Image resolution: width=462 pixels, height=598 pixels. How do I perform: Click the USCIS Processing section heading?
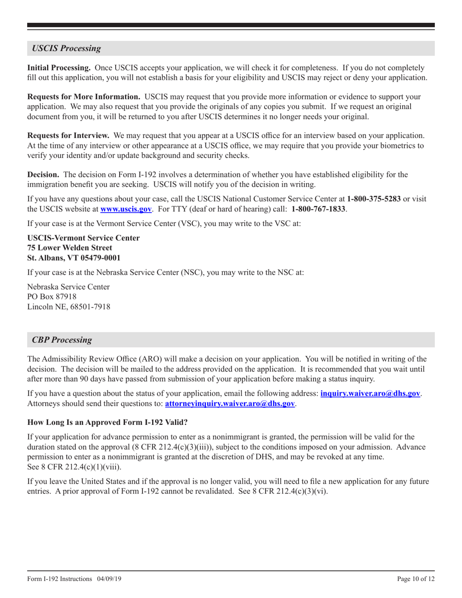[67, 48]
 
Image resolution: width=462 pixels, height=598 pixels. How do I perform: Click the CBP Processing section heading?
[62, 340]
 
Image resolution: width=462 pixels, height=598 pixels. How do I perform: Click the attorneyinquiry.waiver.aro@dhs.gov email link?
[230, 403]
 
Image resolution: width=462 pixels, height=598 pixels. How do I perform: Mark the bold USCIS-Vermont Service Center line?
[84, 238]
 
